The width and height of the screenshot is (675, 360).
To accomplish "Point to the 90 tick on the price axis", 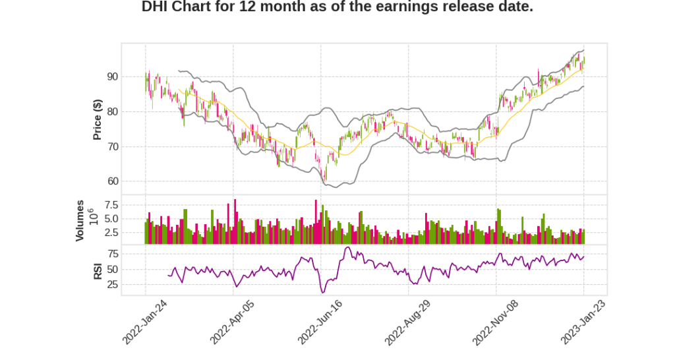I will point(111,76).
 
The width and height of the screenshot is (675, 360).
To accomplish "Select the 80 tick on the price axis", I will point(111,111).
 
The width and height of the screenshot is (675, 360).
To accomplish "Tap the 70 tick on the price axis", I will point(111,146).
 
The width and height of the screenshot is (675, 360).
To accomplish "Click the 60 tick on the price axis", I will point(111,181).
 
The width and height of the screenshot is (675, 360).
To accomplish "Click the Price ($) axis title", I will point(97,119).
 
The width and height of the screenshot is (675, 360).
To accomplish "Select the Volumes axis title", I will point(80,220).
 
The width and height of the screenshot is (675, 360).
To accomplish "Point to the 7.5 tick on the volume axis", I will point(109,205).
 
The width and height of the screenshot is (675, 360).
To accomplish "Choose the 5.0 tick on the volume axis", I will point(109,219).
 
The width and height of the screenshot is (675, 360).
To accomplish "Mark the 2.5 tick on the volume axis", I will point(109,232).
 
